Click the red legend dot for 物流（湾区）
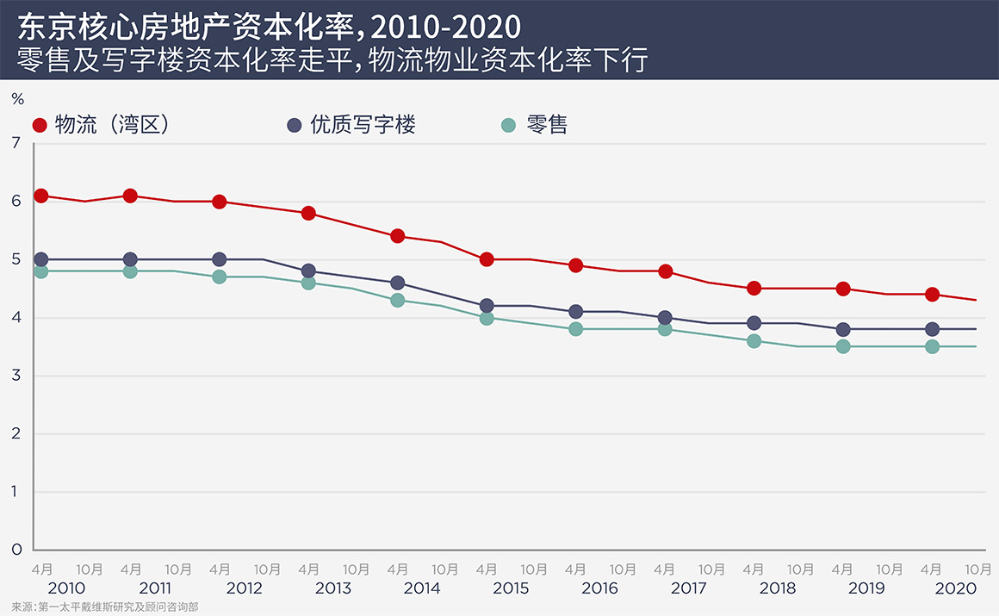40,126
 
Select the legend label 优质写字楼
363,125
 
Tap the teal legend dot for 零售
508,126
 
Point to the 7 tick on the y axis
16,143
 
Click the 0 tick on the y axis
16,550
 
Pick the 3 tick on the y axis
16,376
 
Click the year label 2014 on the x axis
421,588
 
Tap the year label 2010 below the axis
65,588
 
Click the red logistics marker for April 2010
40,196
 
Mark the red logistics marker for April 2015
487,259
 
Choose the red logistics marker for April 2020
932,294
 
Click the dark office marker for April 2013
308,271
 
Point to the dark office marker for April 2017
665,317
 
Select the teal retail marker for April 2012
219,277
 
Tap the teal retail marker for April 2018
754,340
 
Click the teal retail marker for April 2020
932,346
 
